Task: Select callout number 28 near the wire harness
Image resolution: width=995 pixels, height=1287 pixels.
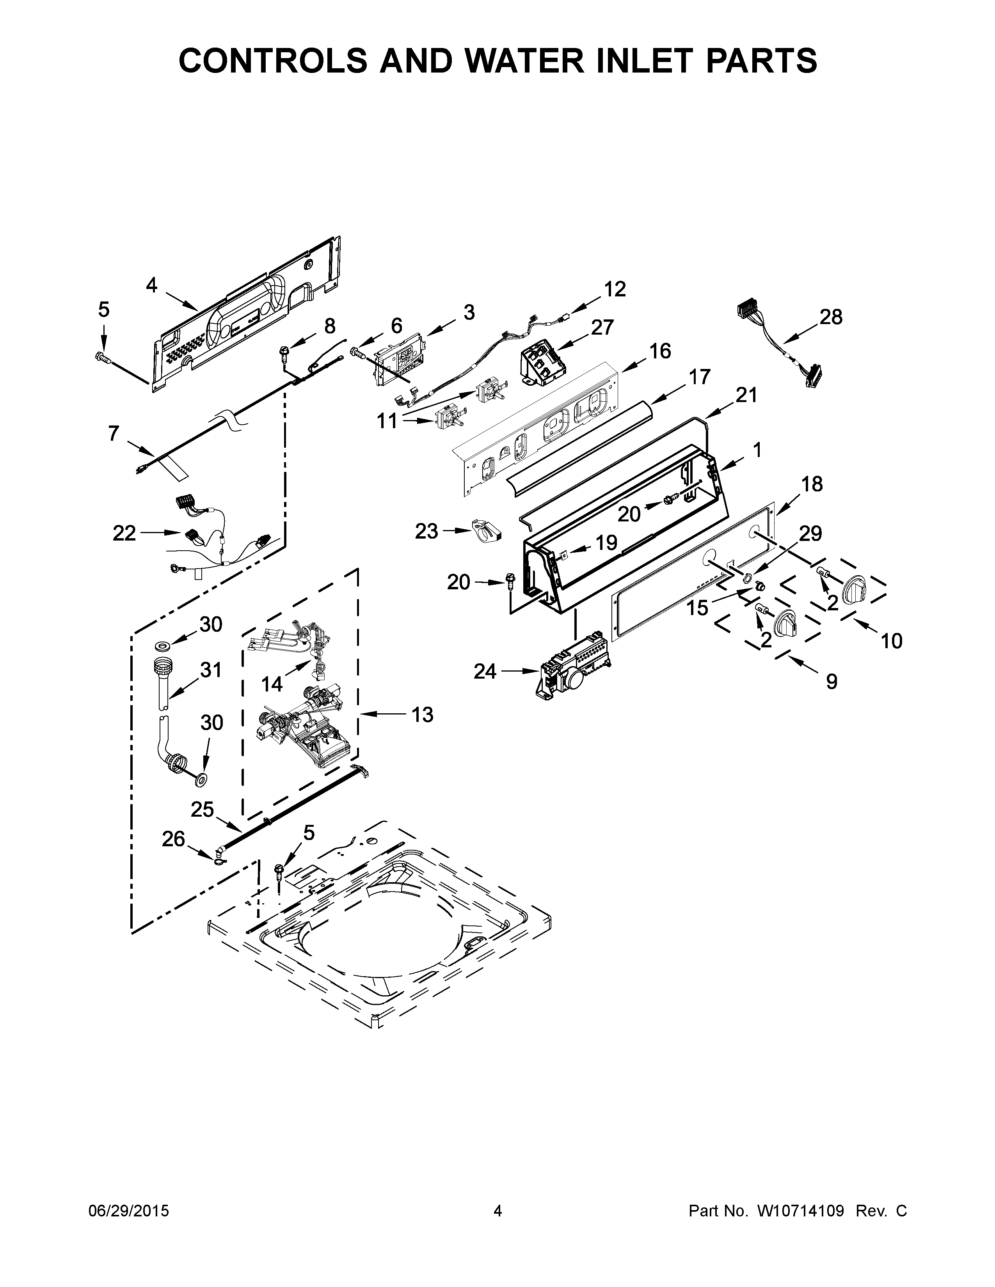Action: tap(831, 317)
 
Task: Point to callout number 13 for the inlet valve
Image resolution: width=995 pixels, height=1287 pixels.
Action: tap(422, 715)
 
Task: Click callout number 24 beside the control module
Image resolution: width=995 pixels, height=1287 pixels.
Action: tap(485, 671)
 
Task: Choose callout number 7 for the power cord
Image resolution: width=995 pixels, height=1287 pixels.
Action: tap(114, 434)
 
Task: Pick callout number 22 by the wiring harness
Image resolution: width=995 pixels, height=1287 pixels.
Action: tap(124, 533)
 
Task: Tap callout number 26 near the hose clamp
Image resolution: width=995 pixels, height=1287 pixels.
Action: tap(173, 838)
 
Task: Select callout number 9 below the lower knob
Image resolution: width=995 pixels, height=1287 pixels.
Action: tap(831, 682)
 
